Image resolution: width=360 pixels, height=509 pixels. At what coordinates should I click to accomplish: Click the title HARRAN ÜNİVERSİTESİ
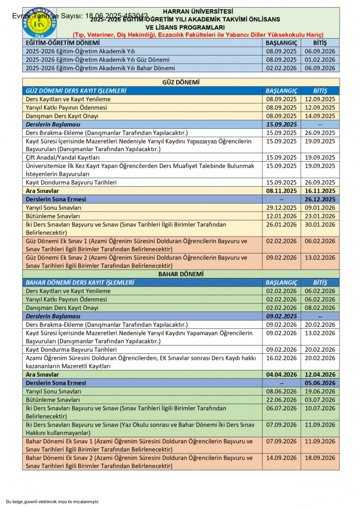point(198,11)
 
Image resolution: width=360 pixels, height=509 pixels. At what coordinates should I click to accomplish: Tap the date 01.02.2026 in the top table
point(320,59)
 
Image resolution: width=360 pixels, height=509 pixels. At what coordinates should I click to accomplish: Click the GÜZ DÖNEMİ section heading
point(180,82)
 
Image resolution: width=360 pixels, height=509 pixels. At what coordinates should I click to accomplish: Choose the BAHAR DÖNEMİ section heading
point(180,274)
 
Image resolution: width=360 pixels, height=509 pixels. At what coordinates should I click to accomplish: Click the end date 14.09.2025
point(320,116)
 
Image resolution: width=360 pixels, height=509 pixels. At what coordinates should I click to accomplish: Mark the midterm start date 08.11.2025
point(281,191)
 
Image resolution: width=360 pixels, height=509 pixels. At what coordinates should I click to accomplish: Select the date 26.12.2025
point(320,199)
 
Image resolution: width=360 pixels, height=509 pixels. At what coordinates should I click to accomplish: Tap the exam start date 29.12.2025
point(281,208)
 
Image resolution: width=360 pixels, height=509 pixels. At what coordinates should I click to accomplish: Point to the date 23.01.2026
point(320,216)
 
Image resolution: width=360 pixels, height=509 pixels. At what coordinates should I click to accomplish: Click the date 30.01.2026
point(320,224)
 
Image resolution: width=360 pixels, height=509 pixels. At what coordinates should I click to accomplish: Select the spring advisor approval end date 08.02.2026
point(320,307)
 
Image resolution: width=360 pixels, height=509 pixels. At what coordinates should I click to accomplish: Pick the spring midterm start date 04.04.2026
point(281,374)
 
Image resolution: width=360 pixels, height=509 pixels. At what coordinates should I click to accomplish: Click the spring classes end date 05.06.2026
point(320,383)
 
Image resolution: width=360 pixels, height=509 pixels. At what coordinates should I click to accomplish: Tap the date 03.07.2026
point(320,400)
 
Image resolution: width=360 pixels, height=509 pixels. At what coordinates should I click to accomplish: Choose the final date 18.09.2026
point(320,458)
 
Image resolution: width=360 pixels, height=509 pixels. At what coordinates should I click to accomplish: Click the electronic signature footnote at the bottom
point(53,501)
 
